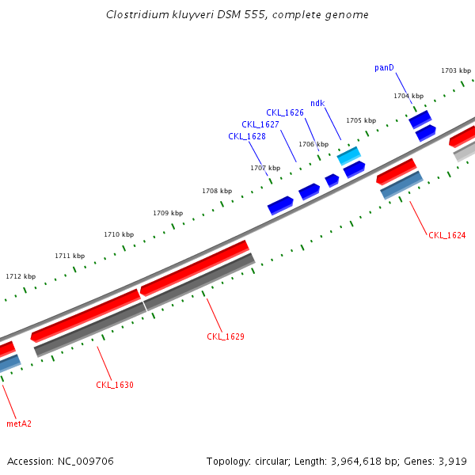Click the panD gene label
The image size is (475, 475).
(x=384, y=68)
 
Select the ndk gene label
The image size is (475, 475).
(x=317, y=104)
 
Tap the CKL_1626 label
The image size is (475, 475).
(x=285, y=113)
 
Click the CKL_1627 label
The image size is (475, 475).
(x=260, y=125)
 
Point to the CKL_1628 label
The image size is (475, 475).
(x=247, y=137)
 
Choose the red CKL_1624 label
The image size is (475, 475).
(x=446, y=236)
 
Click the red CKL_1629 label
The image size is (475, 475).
(x=226, y=337)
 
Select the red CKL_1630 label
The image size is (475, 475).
(x=115, y=386)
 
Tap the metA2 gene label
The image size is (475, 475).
(x=19, y=424)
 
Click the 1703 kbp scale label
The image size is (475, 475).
(x=456, y=71)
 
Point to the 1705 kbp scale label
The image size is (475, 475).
(x=360, y=121)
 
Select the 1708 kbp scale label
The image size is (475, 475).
(x=217, y=192)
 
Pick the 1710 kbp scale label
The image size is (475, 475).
(x=119, y=235)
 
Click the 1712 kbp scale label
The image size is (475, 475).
(x=21, y=277)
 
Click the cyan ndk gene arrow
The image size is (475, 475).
(x=349, y=155)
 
